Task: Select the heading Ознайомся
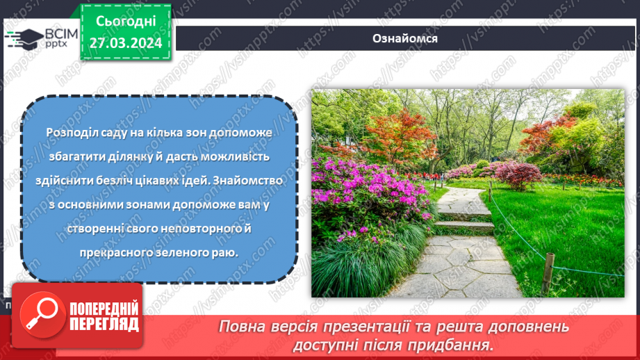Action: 404,38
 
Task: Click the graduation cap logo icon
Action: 26,37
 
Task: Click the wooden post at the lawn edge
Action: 548,272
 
